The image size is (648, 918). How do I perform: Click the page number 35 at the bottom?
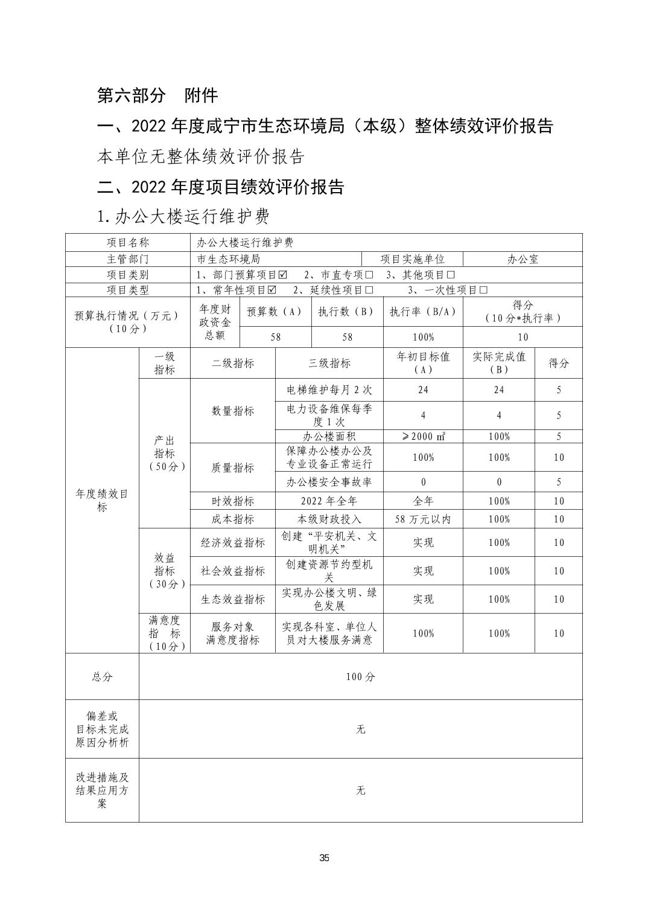pos(324,858)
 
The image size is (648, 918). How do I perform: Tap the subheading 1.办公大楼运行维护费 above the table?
pos(183,216)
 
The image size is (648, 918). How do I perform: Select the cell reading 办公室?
pos(523,259)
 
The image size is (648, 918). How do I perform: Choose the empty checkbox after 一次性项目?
pos(483,290)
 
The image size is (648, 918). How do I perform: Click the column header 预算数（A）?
pos(275,312)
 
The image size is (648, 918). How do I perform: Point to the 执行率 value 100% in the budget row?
pos(423,337)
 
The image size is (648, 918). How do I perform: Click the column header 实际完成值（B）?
pos(498,363)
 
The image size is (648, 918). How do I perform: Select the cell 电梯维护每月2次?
pos(329,390)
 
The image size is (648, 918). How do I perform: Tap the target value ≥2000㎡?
pos(423,437)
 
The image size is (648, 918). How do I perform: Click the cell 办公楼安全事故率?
pos(329,482)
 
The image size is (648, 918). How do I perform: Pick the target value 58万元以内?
pos(423,519)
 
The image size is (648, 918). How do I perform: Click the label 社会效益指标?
pos(233,571)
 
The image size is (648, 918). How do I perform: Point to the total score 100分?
pos(360,677)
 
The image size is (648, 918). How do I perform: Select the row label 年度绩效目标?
pos(102,501)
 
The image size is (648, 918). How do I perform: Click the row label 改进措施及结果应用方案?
pos(102,791)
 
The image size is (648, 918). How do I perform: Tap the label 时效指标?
pos(233,501)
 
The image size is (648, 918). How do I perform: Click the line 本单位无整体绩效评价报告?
pos(201,156)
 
